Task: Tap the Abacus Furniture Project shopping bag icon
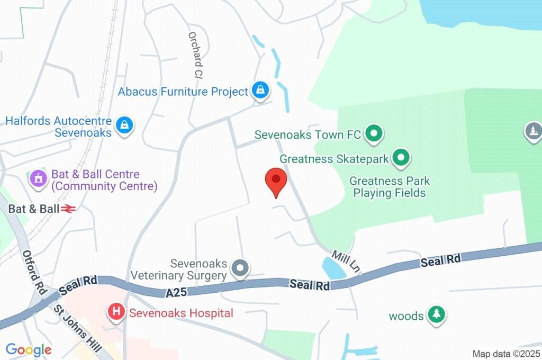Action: [x=260, y=91]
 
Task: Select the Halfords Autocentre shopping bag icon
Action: [x=124, y=125]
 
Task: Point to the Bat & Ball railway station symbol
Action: [x=68, y=209]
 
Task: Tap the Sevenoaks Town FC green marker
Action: [x=374, y=134]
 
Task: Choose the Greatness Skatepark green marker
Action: [x=401, y=157]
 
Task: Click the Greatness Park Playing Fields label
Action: [x=390, y=187]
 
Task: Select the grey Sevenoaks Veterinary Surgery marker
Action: [x=241, y=268]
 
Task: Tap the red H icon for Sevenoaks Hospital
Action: [x=116, y=312]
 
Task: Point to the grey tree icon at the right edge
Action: [x=532, y=131]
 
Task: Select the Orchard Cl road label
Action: [x=195, y=55]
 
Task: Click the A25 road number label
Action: [x=176, y=292]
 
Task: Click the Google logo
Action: [x=29, y=349]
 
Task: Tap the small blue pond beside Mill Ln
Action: [x=332, y=268]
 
